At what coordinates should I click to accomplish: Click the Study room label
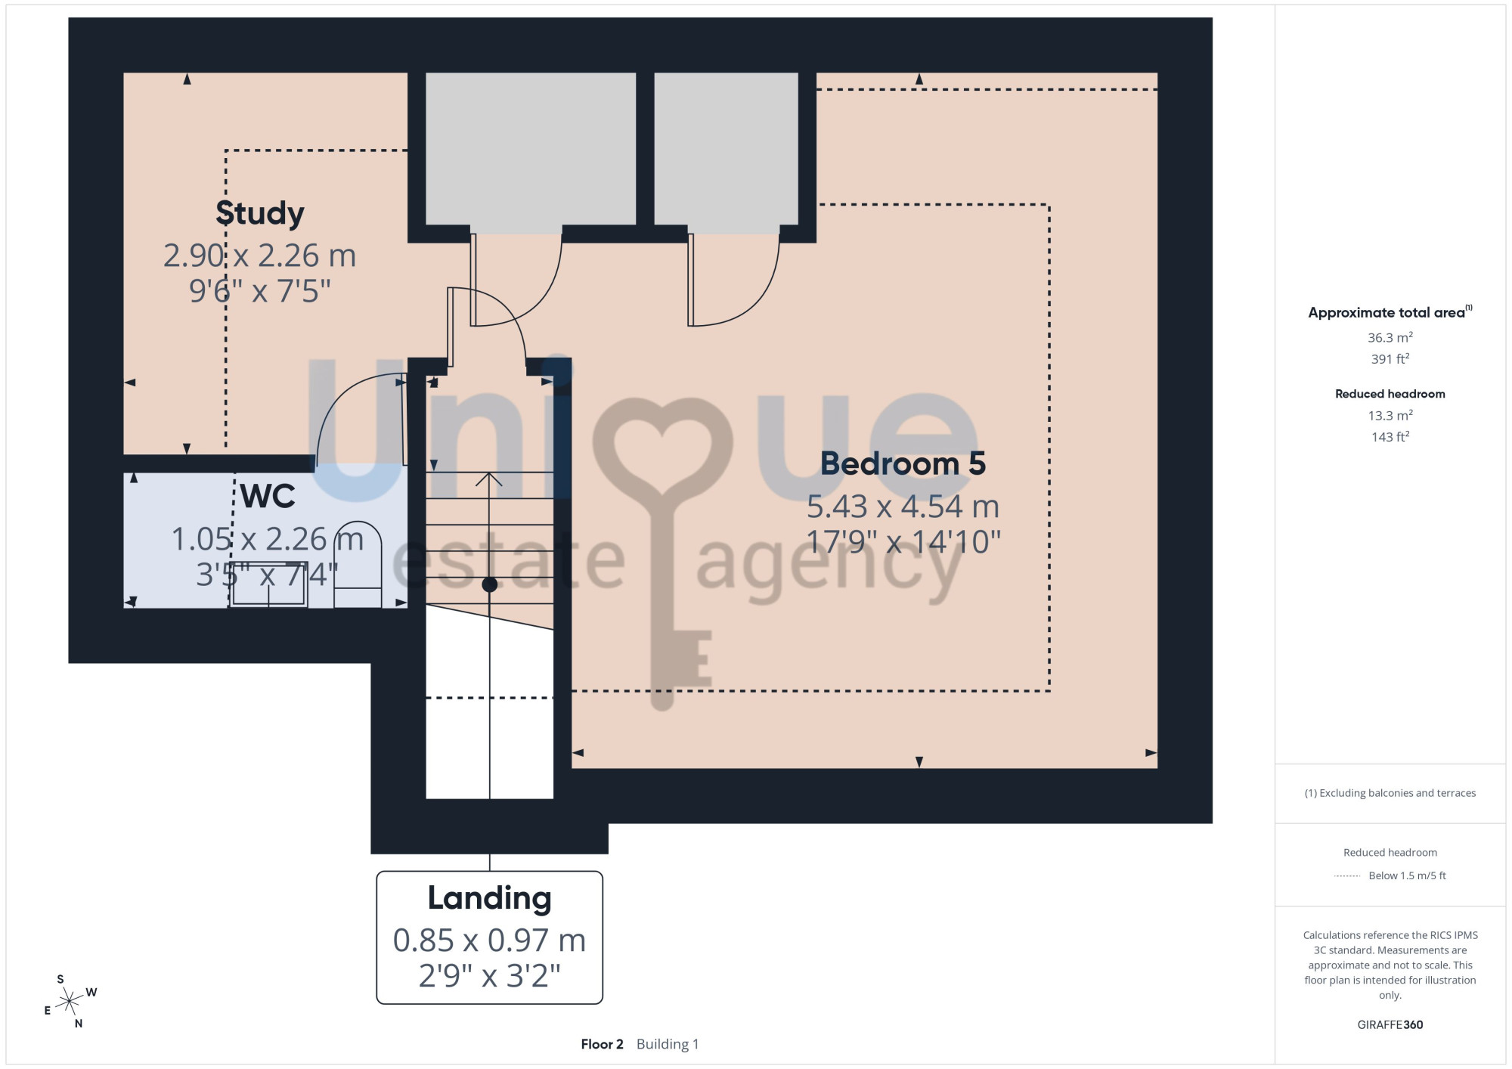260,213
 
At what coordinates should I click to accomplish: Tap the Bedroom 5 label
903,463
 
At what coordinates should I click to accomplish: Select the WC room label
268,496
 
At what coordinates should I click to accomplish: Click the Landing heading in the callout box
489,898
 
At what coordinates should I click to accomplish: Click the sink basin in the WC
268,584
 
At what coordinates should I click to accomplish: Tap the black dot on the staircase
490,584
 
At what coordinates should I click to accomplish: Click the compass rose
70,1002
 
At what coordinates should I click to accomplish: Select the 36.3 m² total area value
1390,337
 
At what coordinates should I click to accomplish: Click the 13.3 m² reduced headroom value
1390,415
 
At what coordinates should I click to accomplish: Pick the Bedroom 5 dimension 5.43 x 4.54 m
903,507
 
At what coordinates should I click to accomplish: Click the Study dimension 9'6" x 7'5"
260,291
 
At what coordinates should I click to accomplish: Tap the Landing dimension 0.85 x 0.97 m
489,940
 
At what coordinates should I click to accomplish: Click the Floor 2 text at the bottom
602,1044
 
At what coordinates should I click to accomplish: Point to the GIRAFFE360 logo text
1390,1025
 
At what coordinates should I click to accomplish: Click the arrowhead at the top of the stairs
490,479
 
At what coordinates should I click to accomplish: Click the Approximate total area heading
1390,312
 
